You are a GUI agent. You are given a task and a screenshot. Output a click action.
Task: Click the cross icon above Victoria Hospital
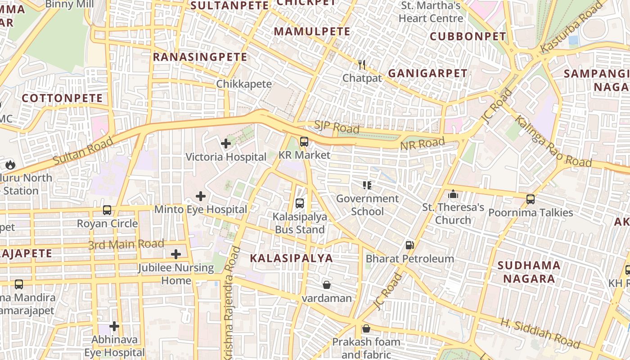[x=226, y=144]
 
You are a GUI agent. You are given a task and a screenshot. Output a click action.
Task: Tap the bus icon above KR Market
[x=304, y=142]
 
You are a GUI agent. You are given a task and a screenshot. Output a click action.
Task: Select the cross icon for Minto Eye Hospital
[x=201, y=196]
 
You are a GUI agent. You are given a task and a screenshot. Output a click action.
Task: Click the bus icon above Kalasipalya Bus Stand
[x=300, y=203]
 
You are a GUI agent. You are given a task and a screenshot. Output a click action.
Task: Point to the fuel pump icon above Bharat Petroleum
[x=409, y=245]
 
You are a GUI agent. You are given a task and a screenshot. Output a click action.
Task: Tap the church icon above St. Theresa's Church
[x=453, y=194]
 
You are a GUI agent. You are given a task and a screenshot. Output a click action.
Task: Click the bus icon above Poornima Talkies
[x=531, y=199]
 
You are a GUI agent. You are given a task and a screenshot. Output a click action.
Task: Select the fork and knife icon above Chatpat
[x=361, y=65]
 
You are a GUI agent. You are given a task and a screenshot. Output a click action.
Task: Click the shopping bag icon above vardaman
[x=327, y=285]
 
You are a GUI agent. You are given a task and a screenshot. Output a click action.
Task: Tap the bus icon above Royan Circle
[x=107, y=210]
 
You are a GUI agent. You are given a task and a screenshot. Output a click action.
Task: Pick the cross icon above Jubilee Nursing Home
[x=176, y=254]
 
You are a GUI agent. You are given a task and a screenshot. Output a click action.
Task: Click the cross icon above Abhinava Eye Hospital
[x=114, y=326]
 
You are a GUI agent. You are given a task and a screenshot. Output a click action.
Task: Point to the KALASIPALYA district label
[x=291, y=258]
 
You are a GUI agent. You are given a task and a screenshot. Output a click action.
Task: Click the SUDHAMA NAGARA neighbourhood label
[x=529, y=272]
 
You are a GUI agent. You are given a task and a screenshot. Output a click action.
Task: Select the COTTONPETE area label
[x=62, y=98]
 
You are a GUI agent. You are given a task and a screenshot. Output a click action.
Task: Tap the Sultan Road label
[x=83, y=151]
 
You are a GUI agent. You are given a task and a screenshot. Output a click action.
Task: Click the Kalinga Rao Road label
[x=553, y=141]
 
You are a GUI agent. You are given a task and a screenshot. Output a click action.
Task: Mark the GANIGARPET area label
[x=427, y=73]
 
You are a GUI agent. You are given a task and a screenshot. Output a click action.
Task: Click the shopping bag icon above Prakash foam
[x=366, y=328]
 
